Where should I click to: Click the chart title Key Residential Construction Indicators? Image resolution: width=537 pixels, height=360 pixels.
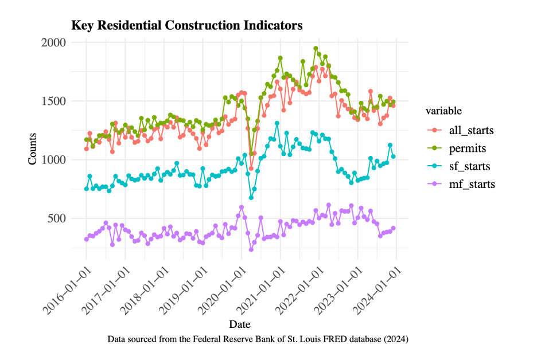click(x=186, y=26)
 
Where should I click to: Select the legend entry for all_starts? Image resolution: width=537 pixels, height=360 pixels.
click(x=472, y=130)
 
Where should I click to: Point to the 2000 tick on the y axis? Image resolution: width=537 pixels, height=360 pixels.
click(x=53, y=42)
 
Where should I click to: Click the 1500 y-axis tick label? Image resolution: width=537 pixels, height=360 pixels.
click(x=53, y=101)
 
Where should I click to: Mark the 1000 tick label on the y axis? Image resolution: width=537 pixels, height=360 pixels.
click(x=53, y=160)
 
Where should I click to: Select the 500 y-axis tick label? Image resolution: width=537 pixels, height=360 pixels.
click(x=57, y=218)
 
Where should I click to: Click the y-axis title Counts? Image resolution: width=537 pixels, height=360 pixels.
click(x=33, y=149)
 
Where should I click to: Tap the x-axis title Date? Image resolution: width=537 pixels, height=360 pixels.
click(x=239, y=324)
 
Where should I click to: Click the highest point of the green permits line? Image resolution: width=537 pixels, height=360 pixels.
click(x=316, y=49)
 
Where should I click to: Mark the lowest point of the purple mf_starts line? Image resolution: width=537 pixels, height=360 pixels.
click(x=251, y=249)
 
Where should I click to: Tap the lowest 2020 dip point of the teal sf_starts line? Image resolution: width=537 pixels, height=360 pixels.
click(x=251, y=197)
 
